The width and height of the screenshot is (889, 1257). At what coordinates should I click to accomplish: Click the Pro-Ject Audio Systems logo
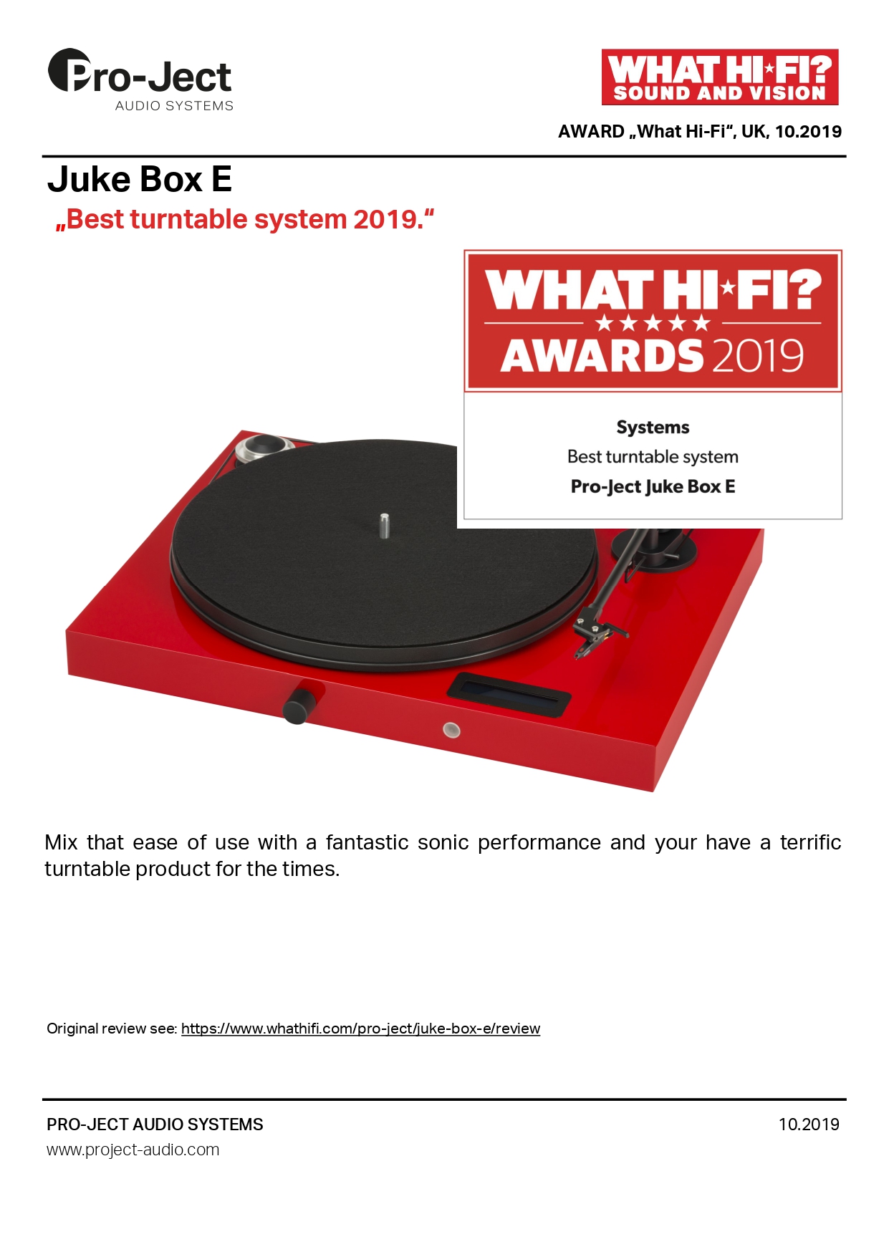[x=140, y=80]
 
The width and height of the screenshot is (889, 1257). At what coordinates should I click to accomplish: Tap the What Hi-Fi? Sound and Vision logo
[x=720, y=77]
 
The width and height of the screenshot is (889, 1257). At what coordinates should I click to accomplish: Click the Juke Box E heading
[x=140, y=179]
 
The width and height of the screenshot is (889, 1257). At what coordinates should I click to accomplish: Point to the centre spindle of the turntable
[x=385, y=525]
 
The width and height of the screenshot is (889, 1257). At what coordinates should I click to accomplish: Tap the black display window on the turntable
[x=509, y=694]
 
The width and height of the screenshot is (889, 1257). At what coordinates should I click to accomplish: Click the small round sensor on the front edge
[x=451, y=730]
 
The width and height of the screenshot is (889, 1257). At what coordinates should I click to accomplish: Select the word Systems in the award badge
[x=653, y=428]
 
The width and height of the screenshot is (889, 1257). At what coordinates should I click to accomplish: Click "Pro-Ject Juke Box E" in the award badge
[x=653, y=486]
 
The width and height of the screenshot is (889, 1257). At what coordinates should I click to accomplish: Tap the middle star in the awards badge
[x=653, y=323]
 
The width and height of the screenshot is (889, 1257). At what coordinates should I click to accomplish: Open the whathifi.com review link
[x=360, y=1029]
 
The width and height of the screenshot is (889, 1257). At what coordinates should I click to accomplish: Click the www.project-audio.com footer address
[x=133, y=1150]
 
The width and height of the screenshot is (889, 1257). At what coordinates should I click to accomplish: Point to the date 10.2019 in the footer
[x=809, y=1124]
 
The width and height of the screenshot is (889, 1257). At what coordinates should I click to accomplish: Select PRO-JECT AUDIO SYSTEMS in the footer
[x=155, y=1124]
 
